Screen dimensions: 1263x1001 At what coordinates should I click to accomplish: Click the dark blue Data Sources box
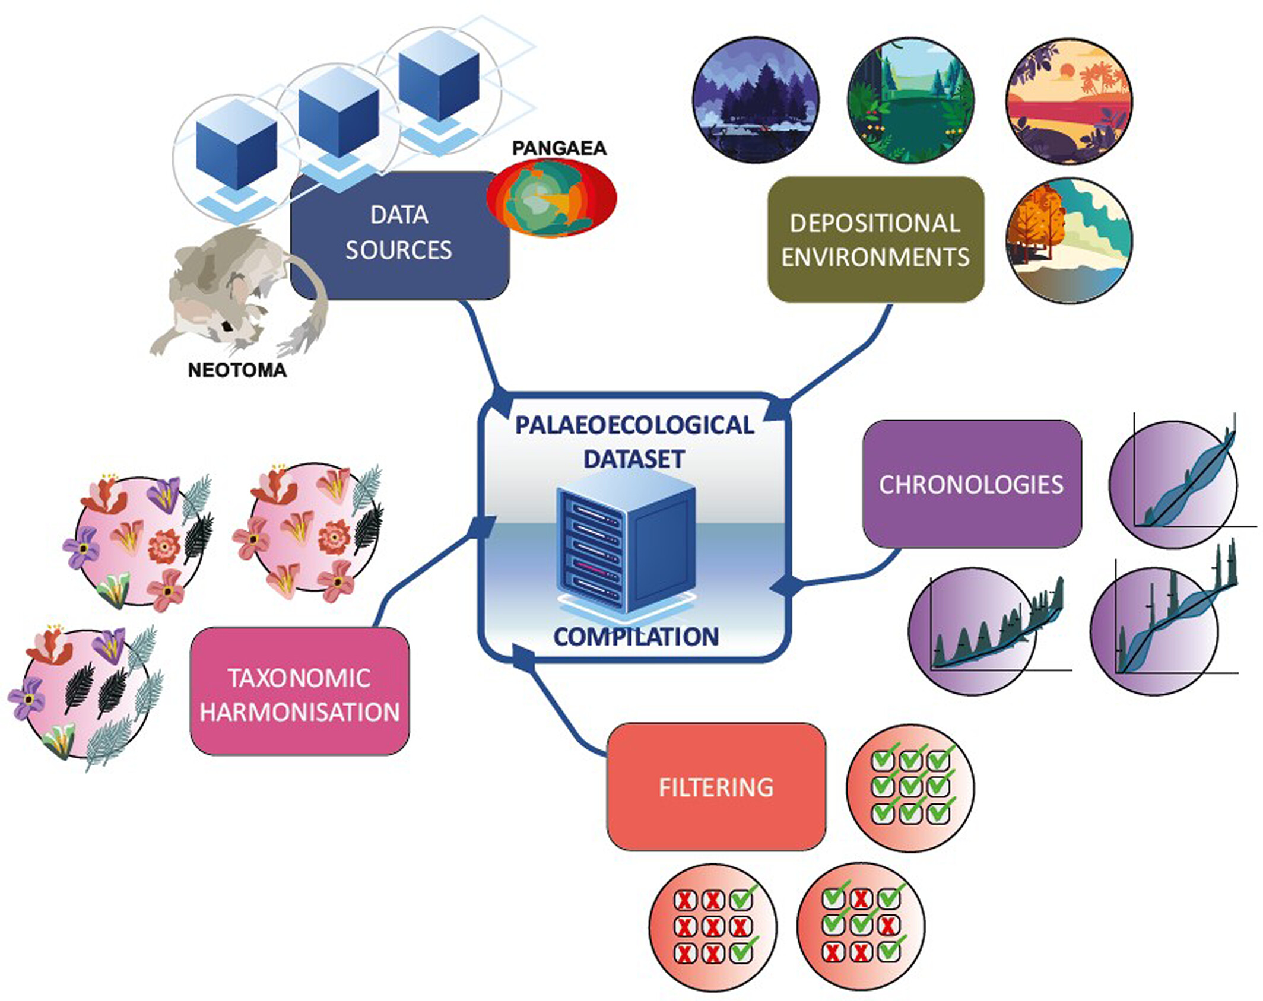[399, 235]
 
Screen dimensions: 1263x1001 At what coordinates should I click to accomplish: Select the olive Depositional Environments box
[875, 240]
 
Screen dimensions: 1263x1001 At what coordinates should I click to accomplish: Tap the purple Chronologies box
[972, 484]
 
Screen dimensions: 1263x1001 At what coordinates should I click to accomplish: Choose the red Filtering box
[716, 787]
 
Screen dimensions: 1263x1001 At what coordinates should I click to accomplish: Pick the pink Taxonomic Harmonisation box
[300, 691]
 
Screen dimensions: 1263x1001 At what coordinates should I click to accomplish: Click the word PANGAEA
[559, 148]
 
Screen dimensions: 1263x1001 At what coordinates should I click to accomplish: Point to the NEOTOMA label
[237, 370]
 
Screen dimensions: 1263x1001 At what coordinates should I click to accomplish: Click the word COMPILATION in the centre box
[636, 637]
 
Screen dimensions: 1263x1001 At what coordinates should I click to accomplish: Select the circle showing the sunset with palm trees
[1069, 101]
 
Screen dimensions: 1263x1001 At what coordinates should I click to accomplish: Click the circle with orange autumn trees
[1069, 241]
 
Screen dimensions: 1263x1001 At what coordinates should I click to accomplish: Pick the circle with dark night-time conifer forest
[756, 100]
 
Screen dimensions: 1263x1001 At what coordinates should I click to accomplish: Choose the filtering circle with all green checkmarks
[910, 787]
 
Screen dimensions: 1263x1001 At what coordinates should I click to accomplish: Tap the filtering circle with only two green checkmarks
[713, 927]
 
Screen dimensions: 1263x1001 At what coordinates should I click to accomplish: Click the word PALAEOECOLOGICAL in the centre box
[634, 425]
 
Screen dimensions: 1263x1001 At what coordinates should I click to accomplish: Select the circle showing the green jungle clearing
[911, 100]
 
